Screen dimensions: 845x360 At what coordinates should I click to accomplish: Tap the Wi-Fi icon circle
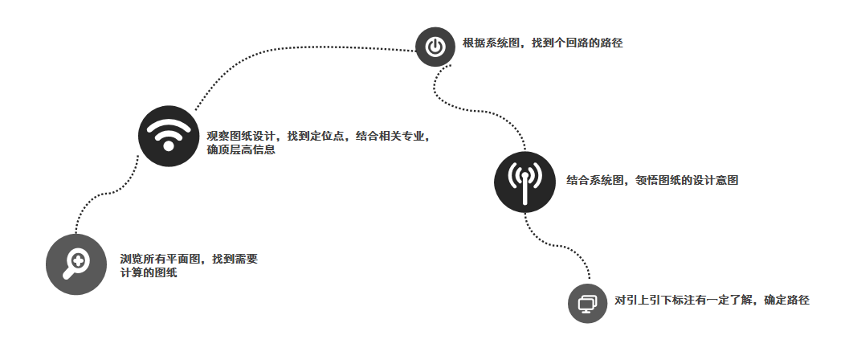[x=168, y=135]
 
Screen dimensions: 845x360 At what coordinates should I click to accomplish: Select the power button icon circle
[x=435, y=47]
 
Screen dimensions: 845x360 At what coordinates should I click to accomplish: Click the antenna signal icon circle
[x=525, y=182]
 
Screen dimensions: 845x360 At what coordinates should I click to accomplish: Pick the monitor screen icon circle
[x=587, y=303]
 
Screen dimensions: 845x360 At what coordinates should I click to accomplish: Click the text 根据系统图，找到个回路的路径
[x=542, y=43]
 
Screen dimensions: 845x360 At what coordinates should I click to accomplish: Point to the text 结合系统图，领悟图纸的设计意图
[x=651, y=181]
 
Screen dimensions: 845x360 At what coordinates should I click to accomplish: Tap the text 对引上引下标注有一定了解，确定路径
[x=712, y=301]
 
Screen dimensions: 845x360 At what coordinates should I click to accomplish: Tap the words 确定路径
[x=786, y=301]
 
